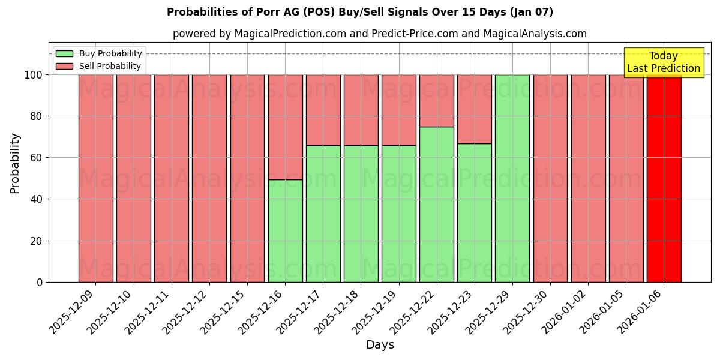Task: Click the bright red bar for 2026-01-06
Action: pos(664,178)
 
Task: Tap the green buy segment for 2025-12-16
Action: pos(285,230)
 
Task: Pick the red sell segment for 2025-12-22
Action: pos(437,101)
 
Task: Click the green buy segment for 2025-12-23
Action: pos(475,212)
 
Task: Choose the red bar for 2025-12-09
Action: pos(96,178)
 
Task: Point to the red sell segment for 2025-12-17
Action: pos(323,110)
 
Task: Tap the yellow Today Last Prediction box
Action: pos(664,62)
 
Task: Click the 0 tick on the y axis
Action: pos(40,282)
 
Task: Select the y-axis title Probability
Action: pos(15,163)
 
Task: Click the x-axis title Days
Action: pos(380,345)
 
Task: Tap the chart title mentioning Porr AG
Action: pos(360,12)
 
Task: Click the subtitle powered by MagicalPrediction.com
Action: pos(380,34)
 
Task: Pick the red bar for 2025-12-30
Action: pos(550,178)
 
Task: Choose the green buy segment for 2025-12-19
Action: pos(399,214)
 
